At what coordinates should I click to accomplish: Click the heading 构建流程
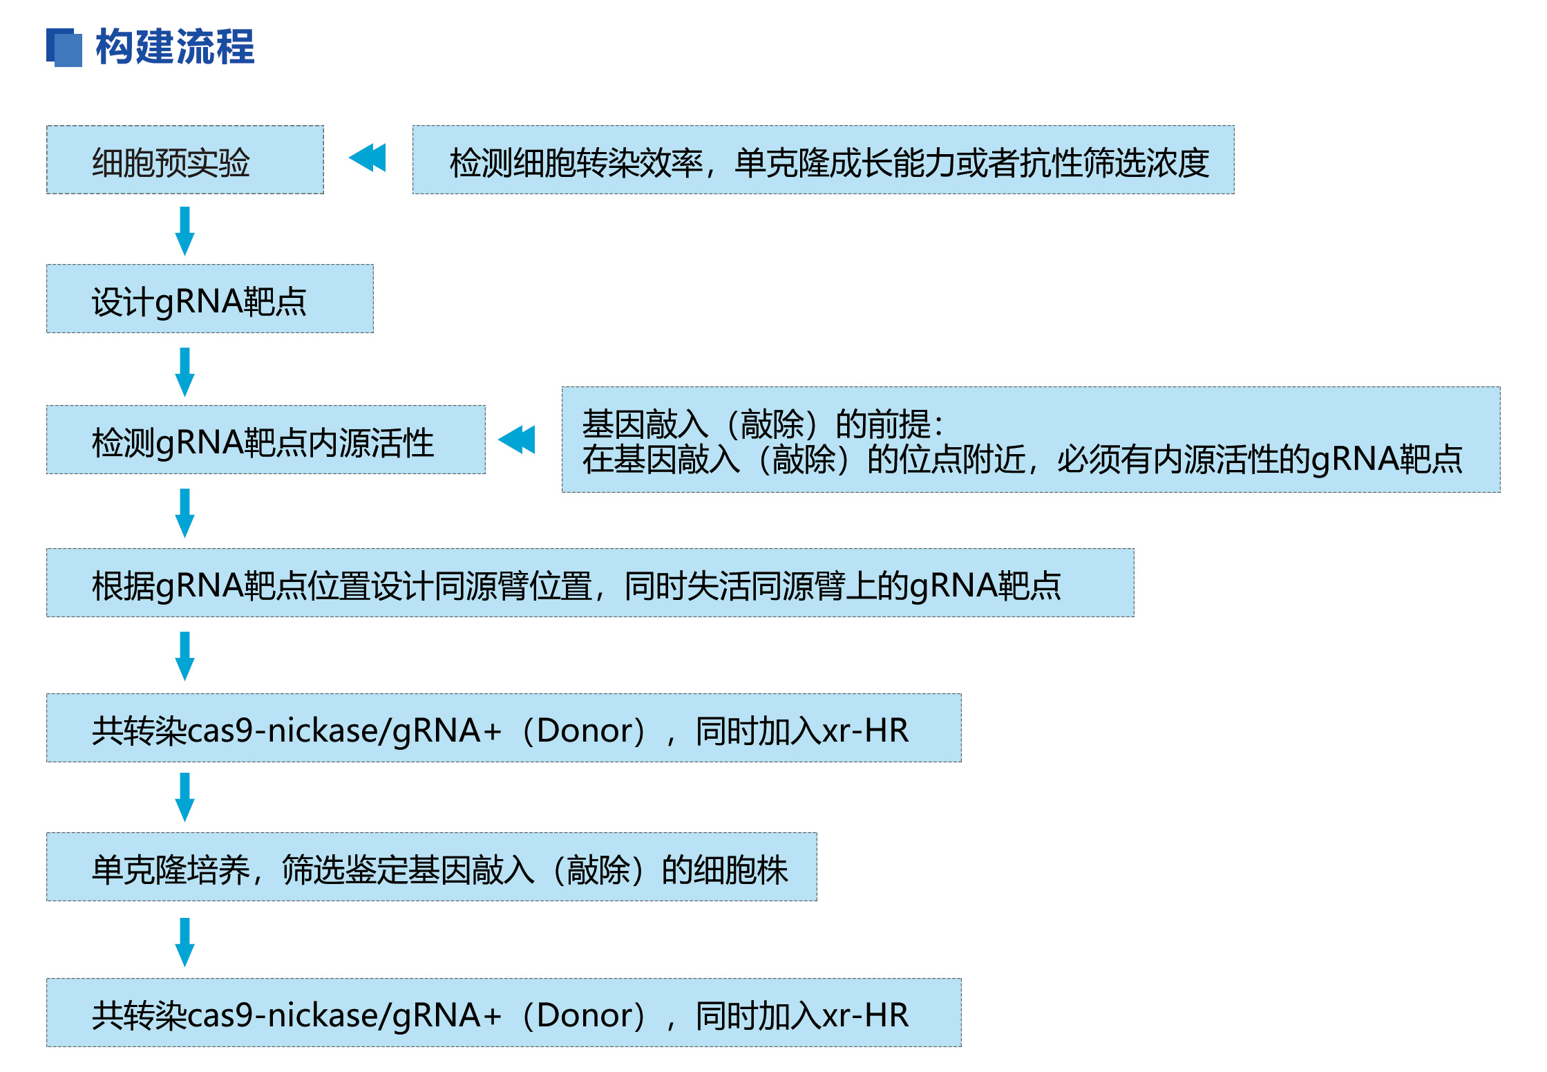pyautogui.click(x=175, y=47)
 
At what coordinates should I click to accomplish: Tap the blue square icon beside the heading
pyautogui.click(x=64, y=48)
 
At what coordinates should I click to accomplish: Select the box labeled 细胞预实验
pyautogui.click(x=185, y=160)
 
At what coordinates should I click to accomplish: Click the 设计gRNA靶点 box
pyautogui.click(x=210, y=299)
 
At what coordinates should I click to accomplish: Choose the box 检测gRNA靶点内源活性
pyautogui.click(x=266, y=440)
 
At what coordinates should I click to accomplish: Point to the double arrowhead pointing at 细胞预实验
pyautogui.click(x=368, y=158)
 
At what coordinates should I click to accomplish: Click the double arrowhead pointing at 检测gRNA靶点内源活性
pyautogui.click(x=517, y=440)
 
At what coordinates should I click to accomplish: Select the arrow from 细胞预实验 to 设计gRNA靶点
pyautogui.click(x=184, y=231)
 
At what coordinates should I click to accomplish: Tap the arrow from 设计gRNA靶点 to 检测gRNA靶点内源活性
pyautogui.click(x=184, y=372)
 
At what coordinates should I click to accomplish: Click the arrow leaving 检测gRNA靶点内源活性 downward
pyautogui.click(x=184, y=513)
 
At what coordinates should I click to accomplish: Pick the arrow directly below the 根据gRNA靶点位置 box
pyautogui.click(x=184, y=656)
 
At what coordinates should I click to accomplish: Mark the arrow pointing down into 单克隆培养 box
pyautogui.click(x=184, y=797)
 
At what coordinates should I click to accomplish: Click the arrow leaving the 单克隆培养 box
pyautogui.click(x=184, y=942)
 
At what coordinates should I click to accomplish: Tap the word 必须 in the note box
pyautogui.click(x=1089, y=459)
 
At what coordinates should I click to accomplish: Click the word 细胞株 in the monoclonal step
pyautogui.click(x=741, y=869)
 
